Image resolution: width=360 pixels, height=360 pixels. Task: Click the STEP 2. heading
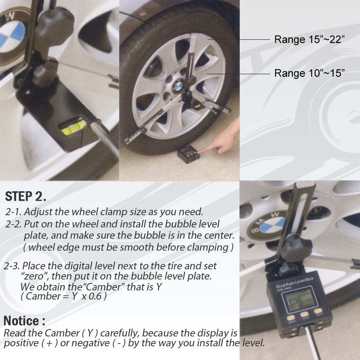(x=26, y=197)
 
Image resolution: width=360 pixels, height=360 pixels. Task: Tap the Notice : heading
(x=24, y=321)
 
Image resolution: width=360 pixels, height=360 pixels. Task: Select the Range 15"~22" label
(x=309, y=39)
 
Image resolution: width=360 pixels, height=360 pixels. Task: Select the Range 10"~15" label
(x=309, y=73)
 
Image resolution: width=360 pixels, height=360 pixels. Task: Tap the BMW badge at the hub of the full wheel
(x=178, y=85)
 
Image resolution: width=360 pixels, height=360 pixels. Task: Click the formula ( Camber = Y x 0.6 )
(x=64, y=296)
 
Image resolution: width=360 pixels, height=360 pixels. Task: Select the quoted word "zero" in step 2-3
(x=35, y=276)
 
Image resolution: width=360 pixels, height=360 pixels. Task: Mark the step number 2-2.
(x=14, y=224)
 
